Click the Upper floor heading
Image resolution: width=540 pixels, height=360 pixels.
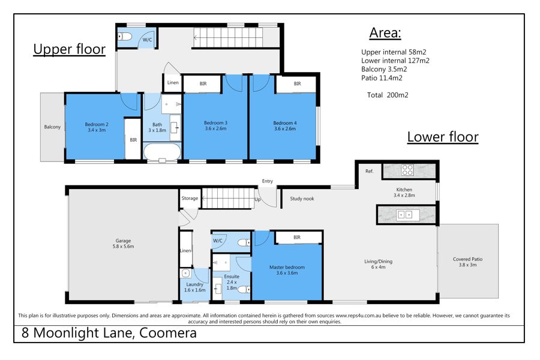pyautogui.click(x=69, y=49)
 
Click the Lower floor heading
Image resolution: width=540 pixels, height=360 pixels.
pyautogui.click(x=443, y=137)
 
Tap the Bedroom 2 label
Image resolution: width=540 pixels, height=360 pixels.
pyautogui.click(x=97, y=127)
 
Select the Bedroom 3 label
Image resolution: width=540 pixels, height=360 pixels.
pyautogui.click(x=215, y=125)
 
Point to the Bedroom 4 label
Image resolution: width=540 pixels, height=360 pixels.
pyautogui.click(x=285, y=126)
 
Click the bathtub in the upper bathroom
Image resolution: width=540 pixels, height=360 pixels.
pyautogui.click(x=162, y=152)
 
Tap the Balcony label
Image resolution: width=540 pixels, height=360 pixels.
pyautogui.click(x=52, y=127)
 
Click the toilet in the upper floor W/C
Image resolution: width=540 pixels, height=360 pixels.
pyautogui.click(x=124, y=36)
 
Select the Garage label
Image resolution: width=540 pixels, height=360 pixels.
pyautogui.click(x=123, y=244)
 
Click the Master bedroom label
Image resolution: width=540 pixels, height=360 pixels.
pyautogui.click(x=287, y=270)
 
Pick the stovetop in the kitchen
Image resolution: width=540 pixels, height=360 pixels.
pyautogui.click(x=407, y=170)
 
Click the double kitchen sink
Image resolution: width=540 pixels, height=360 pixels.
pyautogui.click(x=404, y=215)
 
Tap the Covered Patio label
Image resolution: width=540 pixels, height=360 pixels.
pyautogui.click(x=467, y=262)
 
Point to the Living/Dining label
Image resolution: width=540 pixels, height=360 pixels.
pyautogui.click(x=378, y=264)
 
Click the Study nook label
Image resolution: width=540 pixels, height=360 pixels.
pyautogui.click(x=302, y=199)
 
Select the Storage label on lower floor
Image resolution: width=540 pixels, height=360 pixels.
pyautogui.click(x=190, y=198)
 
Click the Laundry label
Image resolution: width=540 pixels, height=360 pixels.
pyautogui.click(x=194, y=287)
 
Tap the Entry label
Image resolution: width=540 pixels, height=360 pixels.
pyautogui.click(x=268, y=181)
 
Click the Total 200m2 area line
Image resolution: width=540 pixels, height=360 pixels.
pyautogui.click(x=388, y=95)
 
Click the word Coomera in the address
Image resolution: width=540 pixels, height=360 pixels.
pyautogui.click(x=168, y=333)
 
